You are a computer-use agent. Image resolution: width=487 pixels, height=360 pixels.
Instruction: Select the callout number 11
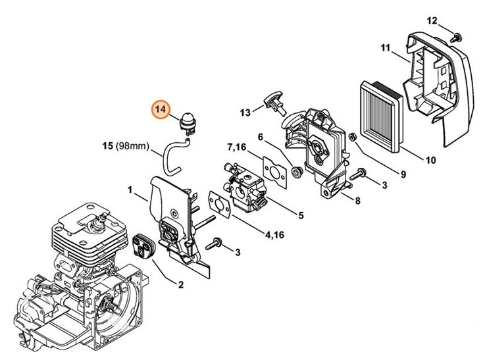[x=386, y=47]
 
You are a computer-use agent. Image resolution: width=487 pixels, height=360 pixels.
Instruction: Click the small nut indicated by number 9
[x=352, y=136]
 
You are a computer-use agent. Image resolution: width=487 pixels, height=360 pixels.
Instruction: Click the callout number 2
[x=180, y=284]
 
